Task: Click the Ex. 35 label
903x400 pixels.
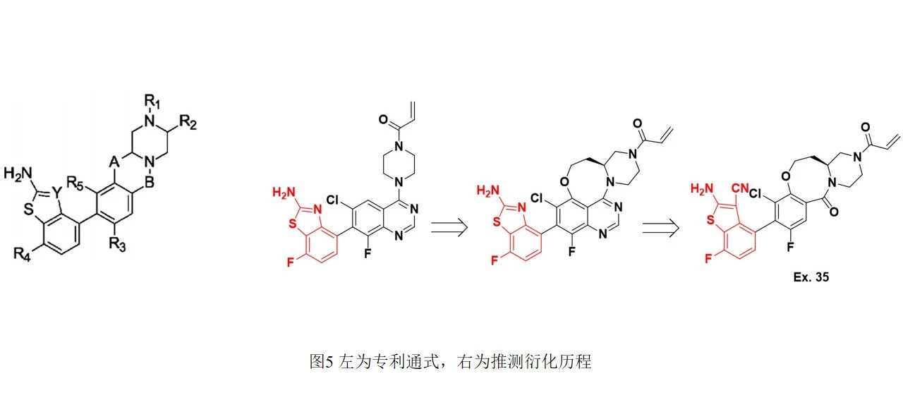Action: coord(810,277)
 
